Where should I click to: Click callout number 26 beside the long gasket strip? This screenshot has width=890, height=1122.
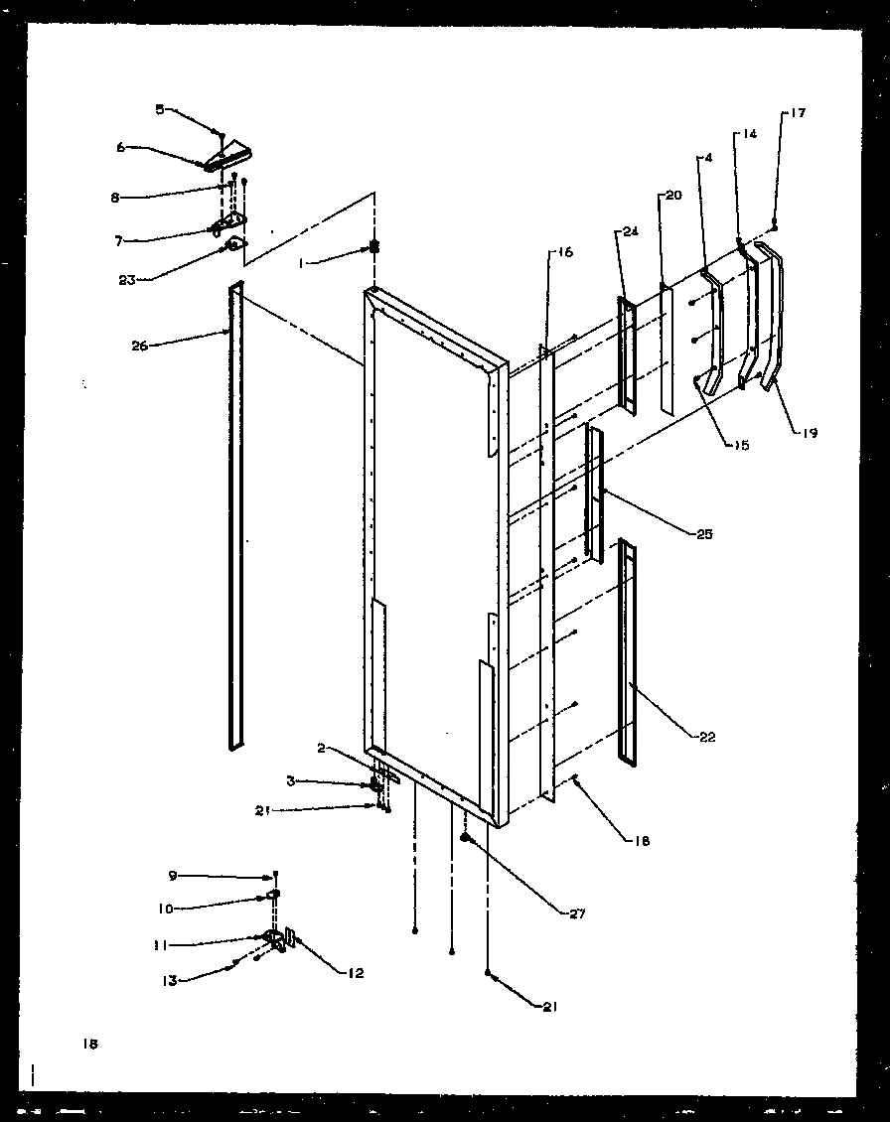click(x=138, y=346)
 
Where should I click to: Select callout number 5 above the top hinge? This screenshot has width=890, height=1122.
click(x=159, y=110)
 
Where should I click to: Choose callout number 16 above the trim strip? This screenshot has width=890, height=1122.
click(x=563, y=253)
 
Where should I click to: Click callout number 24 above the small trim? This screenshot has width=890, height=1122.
click(x=629, y=232)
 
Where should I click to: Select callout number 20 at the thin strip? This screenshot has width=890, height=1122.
click(x=673, y=196)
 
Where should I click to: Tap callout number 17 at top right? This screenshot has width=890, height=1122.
click(x=798, y=113)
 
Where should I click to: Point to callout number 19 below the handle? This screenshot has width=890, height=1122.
click(x=810, y=433)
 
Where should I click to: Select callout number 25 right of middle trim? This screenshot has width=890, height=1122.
click(x=704, y=534)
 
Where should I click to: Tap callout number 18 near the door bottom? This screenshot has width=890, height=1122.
click(x=643, y=841)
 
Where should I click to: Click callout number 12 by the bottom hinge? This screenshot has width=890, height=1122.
click(x=354, y=973)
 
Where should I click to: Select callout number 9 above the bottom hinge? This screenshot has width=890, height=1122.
click(x=172, y=876)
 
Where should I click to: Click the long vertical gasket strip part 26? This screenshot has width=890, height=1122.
click(x=235, y=516)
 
